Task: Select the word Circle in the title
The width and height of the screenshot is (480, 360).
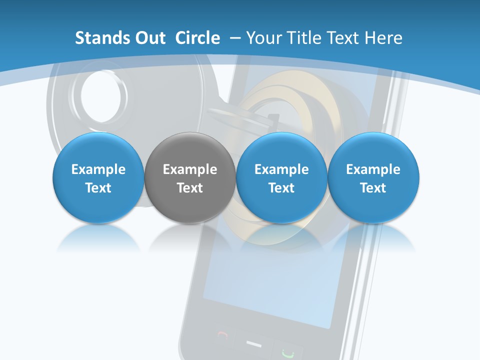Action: [x=197, y=38]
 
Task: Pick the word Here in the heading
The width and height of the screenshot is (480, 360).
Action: [x=384, y=38]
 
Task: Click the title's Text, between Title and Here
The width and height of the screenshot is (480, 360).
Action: [x=344, y=38]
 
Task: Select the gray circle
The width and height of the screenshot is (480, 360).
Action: [x=190, y=178]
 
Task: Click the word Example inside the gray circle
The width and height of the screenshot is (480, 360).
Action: [x=190, y=169]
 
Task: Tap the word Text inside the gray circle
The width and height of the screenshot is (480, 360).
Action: [x=190, y=188]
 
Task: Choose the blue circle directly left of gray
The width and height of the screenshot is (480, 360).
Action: [x=98, y=178]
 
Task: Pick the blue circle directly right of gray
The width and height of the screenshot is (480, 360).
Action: [x=281, y=178]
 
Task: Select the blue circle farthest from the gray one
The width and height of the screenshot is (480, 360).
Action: [x=373, y=178]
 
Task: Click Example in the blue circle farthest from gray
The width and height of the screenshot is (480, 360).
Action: [x=373, y=169]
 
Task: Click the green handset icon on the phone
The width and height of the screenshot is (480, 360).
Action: [x=286, y=352]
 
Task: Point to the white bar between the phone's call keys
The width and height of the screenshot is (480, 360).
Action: [x=254, y=344]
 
